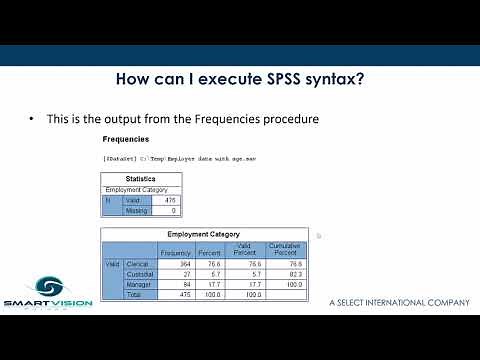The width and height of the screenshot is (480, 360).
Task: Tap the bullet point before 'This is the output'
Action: click(32, 119)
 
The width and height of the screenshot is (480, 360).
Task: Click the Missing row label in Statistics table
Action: click(136, 211)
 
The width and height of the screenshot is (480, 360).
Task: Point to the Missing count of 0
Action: click(172, 211)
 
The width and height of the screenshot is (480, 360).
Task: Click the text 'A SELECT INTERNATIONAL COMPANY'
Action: click(398, 301)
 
